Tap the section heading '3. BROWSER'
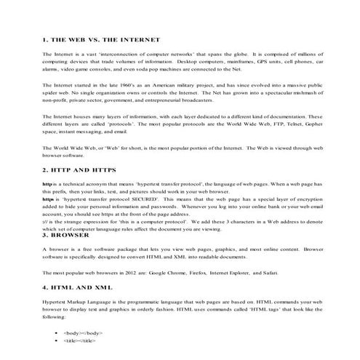[68, 236]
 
